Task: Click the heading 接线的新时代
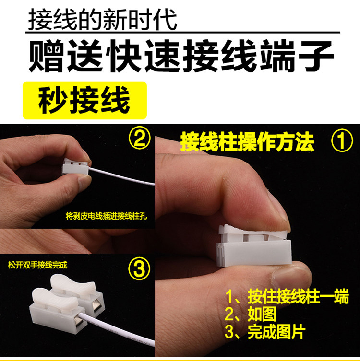pos(103,19)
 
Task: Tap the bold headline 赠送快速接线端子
pos(181,56)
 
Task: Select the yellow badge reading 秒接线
pos(84,100)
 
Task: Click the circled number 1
pos(342,140)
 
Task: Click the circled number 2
pos(140,138)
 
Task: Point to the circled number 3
pos(139,268)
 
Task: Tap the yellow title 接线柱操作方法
pos(247,141)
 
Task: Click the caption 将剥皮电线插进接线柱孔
pos(106,216)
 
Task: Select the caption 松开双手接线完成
pos(37,265)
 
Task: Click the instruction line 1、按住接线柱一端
pos(287,297)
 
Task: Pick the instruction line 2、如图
pos(251,314)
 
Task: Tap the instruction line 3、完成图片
pos(265,332)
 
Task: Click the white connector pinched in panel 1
pos(254,247)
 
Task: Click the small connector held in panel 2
pos(75,166)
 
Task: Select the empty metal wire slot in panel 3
pos(96,305)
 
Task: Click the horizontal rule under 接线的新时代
pos(183,32)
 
